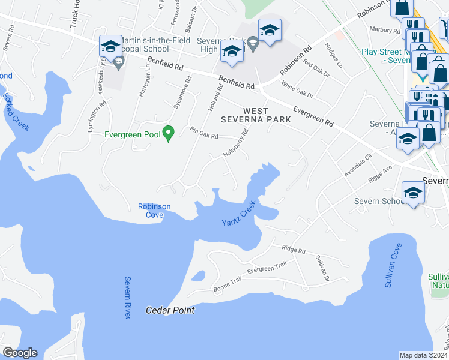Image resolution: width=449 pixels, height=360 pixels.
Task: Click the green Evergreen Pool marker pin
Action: coord(169,133)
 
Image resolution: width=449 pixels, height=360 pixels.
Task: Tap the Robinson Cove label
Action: coord(154,211)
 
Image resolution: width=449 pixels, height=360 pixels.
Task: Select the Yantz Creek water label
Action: coord(239,214)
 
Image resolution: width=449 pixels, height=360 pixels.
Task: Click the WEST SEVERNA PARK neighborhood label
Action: coord(267,115)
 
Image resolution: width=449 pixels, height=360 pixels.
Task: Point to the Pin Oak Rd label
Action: coord(204,133)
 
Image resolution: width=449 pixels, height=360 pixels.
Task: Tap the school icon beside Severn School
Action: coord(414,192)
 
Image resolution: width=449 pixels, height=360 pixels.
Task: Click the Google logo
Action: coord(19,353)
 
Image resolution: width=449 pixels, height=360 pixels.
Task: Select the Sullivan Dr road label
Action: coord(322,268)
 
